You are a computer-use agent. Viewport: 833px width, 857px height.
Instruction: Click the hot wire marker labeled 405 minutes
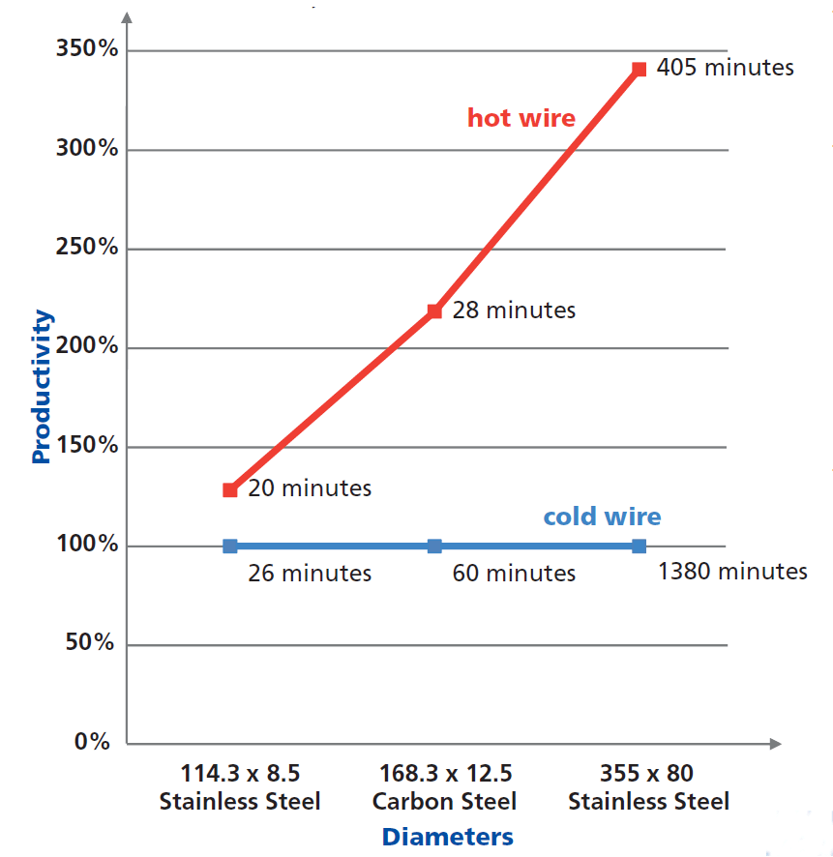pos(639,69)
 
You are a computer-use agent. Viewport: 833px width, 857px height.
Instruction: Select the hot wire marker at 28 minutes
pos(434,310)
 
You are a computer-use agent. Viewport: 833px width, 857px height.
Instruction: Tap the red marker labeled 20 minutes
pos(230,489)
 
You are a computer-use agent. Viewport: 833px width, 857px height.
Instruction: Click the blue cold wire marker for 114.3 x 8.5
pos(230,546)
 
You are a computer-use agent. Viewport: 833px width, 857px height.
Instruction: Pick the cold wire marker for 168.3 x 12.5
pos(434,546)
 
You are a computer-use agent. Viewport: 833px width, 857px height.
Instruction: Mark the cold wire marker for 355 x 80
pos(639,546)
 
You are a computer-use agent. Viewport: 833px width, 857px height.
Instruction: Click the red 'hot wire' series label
pos(521,118)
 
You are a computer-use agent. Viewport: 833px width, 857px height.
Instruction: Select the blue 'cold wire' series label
pos(602,517)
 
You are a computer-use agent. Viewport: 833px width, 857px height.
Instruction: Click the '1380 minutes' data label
pos(731,572)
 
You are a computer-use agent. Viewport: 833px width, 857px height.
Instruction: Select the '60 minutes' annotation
pos(514,574)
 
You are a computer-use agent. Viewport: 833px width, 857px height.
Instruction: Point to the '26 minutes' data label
pos(310,574)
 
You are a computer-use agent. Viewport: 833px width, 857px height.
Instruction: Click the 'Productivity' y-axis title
pos(41,387)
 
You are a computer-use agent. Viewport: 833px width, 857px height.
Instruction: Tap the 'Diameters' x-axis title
pos(447,836)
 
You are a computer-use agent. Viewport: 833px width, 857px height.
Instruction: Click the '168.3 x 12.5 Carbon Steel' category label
pos(444,787)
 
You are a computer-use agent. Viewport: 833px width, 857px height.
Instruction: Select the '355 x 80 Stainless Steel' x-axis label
pos(648,787)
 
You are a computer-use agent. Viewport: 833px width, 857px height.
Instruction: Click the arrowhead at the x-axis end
pos(774,744)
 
